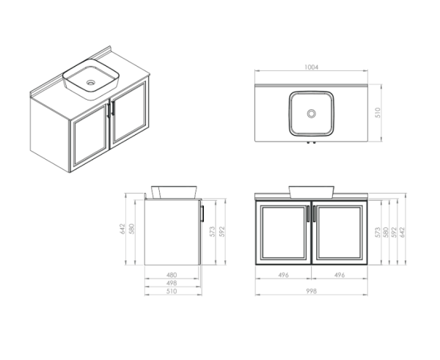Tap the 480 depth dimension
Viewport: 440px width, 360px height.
172,276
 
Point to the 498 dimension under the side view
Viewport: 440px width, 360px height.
172,283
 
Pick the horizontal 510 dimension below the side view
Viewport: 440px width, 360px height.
172,291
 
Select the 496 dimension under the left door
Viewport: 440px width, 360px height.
283,276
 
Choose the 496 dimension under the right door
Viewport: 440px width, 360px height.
338,276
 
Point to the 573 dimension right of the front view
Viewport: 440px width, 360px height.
377,233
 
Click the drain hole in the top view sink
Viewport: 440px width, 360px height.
311,114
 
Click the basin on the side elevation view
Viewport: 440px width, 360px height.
174,192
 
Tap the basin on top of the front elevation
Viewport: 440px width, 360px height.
311,192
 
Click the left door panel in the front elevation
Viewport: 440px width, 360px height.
284,232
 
